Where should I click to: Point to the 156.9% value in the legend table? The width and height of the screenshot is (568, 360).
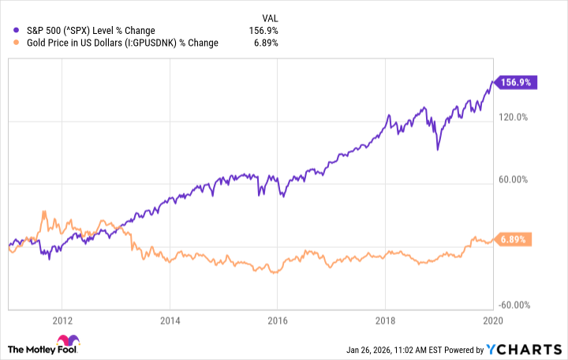263,31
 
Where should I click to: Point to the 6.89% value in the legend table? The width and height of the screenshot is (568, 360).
264,43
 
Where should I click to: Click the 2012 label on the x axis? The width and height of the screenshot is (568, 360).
62,321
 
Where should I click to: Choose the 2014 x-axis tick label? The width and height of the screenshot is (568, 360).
170,321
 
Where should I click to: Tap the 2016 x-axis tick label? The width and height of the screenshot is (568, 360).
277,321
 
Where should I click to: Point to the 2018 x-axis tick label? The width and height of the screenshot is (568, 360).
384,321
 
